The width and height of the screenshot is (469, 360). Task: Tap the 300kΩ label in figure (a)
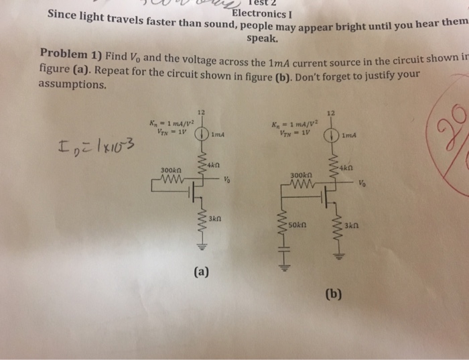pyautogui.click(x=170, y=171)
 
